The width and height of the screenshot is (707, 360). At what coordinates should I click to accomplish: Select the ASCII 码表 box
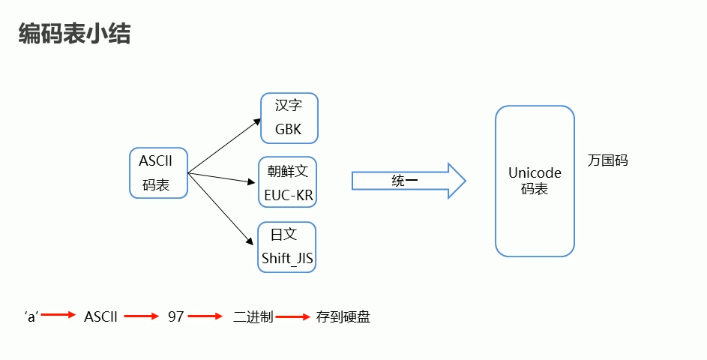click(x=158, y=172)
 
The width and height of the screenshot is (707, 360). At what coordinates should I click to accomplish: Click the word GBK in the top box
click(x=288, y=129)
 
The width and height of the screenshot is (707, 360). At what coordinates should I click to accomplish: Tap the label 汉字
click(x=289, y=106)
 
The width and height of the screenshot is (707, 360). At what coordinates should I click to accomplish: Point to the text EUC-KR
click(x=289, y=196)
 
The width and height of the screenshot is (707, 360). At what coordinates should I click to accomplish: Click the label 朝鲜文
click(x=288, y=171)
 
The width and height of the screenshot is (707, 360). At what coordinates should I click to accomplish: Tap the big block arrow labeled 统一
click(x=409, y=181)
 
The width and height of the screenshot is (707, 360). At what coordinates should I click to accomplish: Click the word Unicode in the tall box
click(x=535, y=173)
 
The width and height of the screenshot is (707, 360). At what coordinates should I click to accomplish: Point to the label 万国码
click(x=608, y=160)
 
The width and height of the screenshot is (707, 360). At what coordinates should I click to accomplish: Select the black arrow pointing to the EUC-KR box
click(x=222, y=178)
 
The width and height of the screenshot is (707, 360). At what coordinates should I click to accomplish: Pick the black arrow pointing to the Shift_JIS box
click(x=220, y=209)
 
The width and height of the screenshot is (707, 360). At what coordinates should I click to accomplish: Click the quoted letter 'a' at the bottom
click(x=31, y=317)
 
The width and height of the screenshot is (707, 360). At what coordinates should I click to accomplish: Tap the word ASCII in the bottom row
click(x=100, y=317)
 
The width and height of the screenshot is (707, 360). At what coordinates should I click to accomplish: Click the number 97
click(x=176, y=317)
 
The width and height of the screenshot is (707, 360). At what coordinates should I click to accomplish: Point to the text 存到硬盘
click(x=343, y=317)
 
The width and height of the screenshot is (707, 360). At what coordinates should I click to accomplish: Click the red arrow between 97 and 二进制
click(x=205, y=317)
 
